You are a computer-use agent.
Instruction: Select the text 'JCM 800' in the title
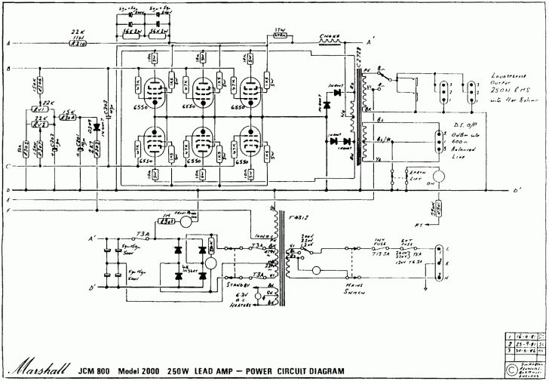100,371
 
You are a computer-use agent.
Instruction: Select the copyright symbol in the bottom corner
513,370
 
